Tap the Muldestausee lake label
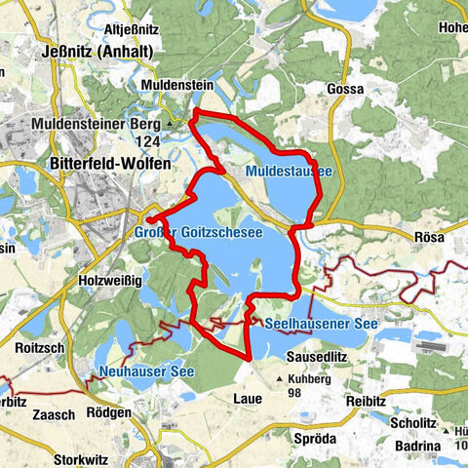coord(288,172)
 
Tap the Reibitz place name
coord(370,400)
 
